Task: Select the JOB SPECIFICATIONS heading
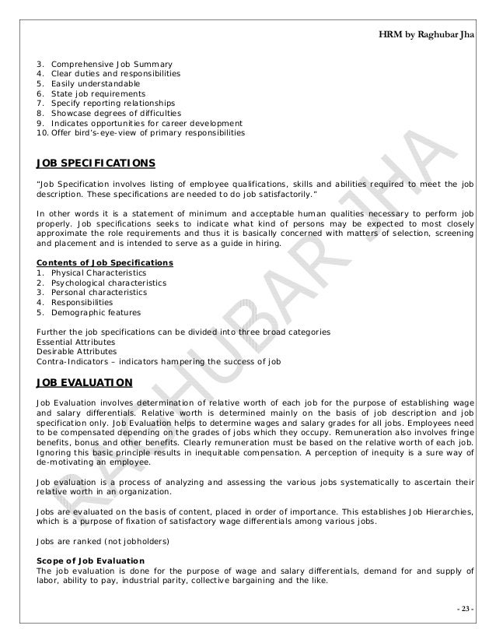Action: [96, 163]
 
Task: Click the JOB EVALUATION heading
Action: [85, 382]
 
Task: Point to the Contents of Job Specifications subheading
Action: [105, 262]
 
